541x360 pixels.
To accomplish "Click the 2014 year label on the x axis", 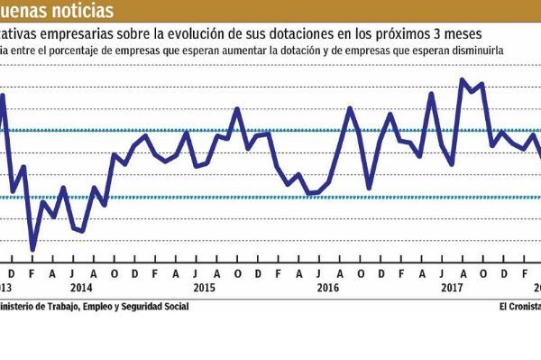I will coord(80,288).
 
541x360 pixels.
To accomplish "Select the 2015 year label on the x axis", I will coord(204,288).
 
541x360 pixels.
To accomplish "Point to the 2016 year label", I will coord(327,288).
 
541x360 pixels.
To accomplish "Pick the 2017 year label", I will coord(451,288).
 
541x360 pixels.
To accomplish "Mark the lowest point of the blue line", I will coord(32,249).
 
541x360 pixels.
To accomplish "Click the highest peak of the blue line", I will coord(462,80).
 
